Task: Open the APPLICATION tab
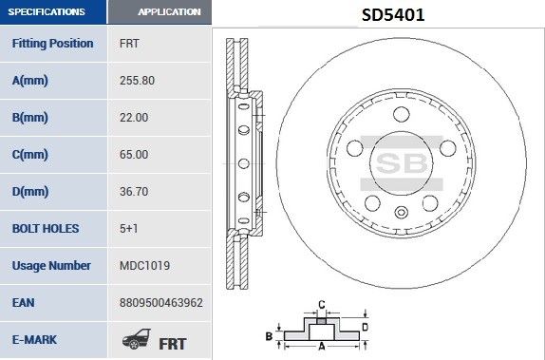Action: tap(169, 12)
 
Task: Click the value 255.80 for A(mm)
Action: tap(137, 80)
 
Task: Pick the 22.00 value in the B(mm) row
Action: tap(134, 117)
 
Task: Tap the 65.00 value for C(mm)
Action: tap(134, 154)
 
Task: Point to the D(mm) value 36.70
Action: tap(134, 191)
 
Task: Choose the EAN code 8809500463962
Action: tap(161, 302)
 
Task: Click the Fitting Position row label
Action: tap(52, 43)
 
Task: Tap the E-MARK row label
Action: tap(38, 339)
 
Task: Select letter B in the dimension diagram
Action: tap(269, 336)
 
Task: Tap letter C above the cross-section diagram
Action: tap(322, 305)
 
